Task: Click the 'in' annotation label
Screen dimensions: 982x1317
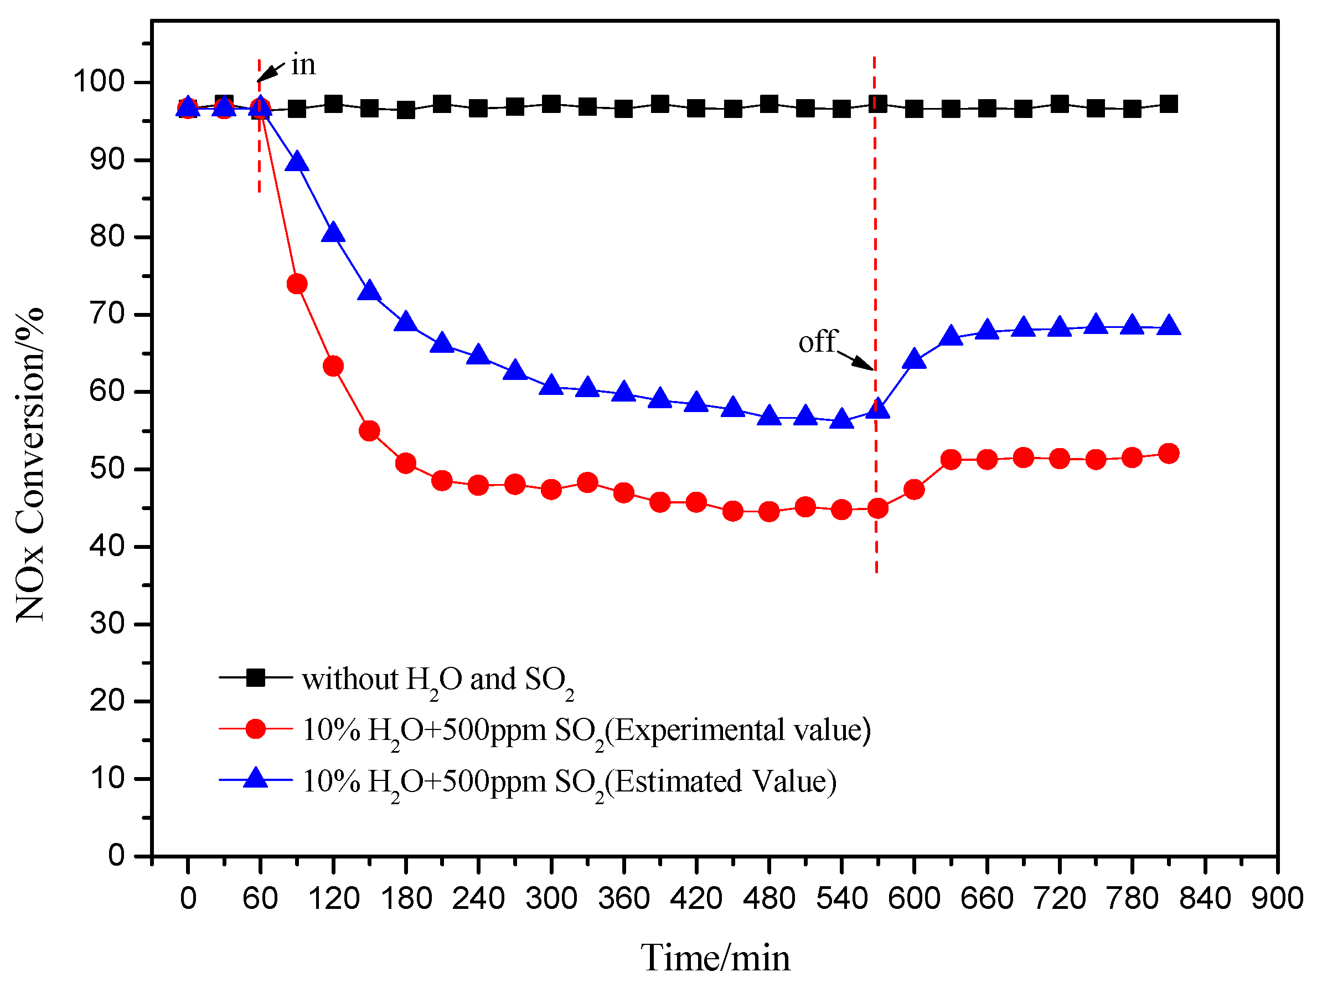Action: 303,64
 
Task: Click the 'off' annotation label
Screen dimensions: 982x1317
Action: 818,342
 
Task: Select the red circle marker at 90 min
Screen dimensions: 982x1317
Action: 296,284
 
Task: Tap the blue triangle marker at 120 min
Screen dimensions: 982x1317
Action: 333,233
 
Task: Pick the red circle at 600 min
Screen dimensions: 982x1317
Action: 913,490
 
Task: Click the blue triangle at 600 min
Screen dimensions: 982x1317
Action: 913,359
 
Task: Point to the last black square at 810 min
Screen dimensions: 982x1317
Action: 1169,105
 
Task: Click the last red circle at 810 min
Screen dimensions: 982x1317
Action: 1169,454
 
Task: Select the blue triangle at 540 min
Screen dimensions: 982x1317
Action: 841,419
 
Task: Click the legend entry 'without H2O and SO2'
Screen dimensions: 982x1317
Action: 438,680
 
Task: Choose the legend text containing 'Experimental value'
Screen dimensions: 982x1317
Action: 586,730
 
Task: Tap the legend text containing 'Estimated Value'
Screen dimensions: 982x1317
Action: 569,782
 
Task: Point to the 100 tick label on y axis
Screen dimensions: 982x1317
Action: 99,81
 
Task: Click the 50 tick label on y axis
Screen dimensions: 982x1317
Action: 107,469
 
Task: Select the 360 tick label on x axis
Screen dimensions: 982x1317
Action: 623,898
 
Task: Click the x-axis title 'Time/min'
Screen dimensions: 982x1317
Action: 715,958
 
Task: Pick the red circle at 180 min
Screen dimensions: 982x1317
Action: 405,463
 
